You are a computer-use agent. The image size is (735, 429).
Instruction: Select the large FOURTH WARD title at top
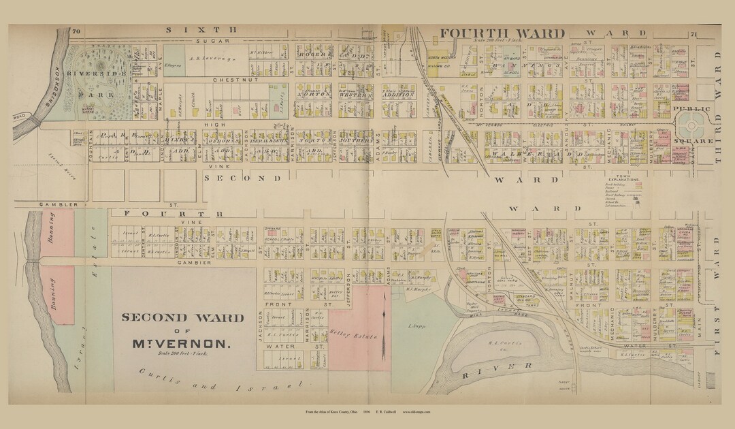click(x=502, y=34)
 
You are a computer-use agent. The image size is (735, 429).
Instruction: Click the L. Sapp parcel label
click(x=416, y=327)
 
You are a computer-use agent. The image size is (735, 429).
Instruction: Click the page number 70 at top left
click(x=76, y=31)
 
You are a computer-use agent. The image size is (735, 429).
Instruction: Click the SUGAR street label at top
click(x=200, y=42)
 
